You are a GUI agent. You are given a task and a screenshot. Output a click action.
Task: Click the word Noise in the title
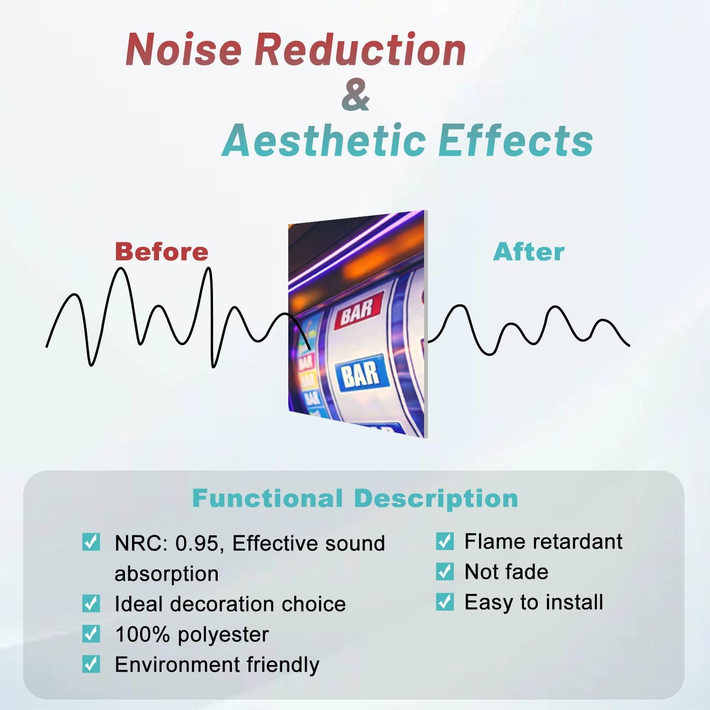(x=184, y=49)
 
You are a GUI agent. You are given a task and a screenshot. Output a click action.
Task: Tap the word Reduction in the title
(x=361, y=49)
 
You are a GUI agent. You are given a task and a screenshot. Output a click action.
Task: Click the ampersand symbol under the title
(x=355, y=95)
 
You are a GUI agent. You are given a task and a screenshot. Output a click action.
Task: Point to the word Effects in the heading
(x=515, y=141)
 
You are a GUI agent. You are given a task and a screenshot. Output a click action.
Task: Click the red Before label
(x=161, y=251)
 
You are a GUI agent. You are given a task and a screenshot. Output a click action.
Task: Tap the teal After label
(x=529, y=251)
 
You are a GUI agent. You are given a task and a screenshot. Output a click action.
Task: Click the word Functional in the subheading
(x=267, y=498)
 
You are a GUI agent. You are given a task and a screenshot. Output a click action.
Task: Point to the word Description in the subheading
(x=436, y=498)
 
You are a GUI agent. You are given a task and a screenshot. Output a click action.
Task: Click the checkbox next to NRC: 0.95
(x=91, y=542)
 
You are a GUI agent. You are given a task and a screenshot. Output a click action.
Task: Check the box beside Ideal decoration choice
(x=91, y=603)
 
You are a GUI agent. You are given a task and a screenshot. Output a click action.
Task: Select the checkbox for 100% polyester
(x=91, y=634)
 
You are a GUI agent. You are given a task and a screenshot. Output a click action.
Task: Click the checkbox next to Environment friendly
(x=91, y=664)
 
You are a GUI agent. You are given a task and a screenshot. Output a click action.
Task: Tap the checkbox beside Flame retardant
(x=444, y=541)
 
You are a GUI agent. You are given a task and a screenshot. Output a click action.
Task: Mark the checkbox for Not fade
(x=444, y=571)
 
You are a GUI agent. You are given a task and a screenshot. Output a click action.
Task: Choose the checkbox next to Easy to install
(x=444, y=602)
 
